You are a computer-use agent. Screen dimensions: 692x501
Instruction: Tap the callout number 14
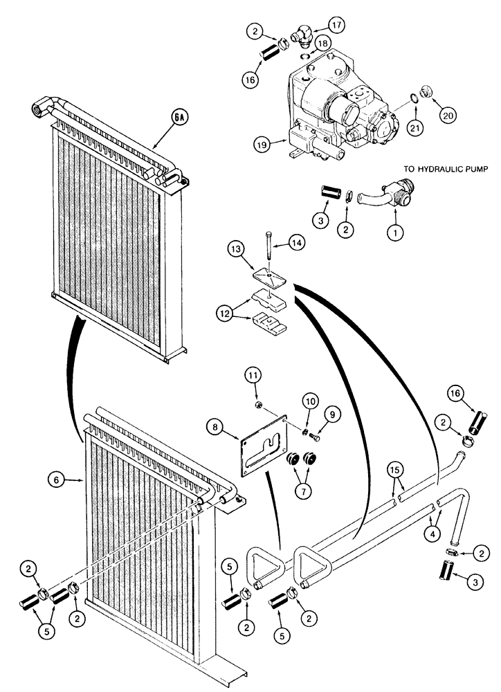coord(297,243)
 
